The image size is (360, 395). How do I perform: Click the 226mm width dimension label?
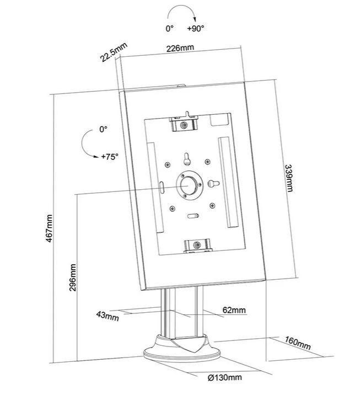coord(180,48)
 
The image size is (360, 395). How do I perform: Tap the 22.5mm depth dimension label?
coord(114,52)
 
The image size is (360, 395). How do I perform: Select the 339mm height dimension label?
coord(289,178)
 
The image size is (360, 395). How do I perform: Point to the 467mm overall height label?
coord(49,228)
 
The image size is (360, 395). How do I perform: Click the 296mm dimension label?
coord(73,277)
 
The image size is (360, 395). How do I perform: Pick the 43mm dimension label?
coord(108,316)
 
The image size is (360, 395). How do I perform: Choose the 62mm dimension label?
coord(234,310)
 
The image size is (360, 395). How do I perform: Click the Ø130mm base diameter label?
coord(225,377)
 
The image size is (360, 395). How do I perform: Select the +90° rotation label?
coord(195,28)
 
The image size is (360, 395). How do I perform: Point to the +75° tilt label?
coord(110,157)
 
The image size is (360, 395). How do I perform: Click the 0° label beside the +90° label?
coord(170,29)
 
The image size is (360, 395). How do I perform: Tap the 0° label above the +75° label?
coord(103,129)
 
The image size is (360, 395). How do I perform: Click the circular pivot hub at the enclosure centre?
coord(189,185)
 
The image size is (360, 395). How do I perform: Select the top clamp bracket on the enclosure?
coord(184,123)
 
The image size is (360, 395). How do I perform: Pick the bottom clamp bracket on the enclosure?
coord(197,245)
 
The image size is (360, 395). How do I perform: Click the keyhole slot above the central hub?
coord(186,159)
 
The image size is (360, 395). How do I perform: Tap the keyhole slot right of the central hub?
coord(213,184)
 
